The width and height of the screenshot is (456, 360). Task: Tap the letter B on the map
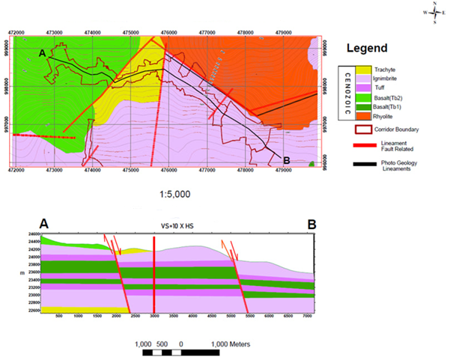click(286, 159)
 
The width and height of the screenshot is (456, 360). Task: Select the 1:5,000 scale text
click(174, 194)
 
